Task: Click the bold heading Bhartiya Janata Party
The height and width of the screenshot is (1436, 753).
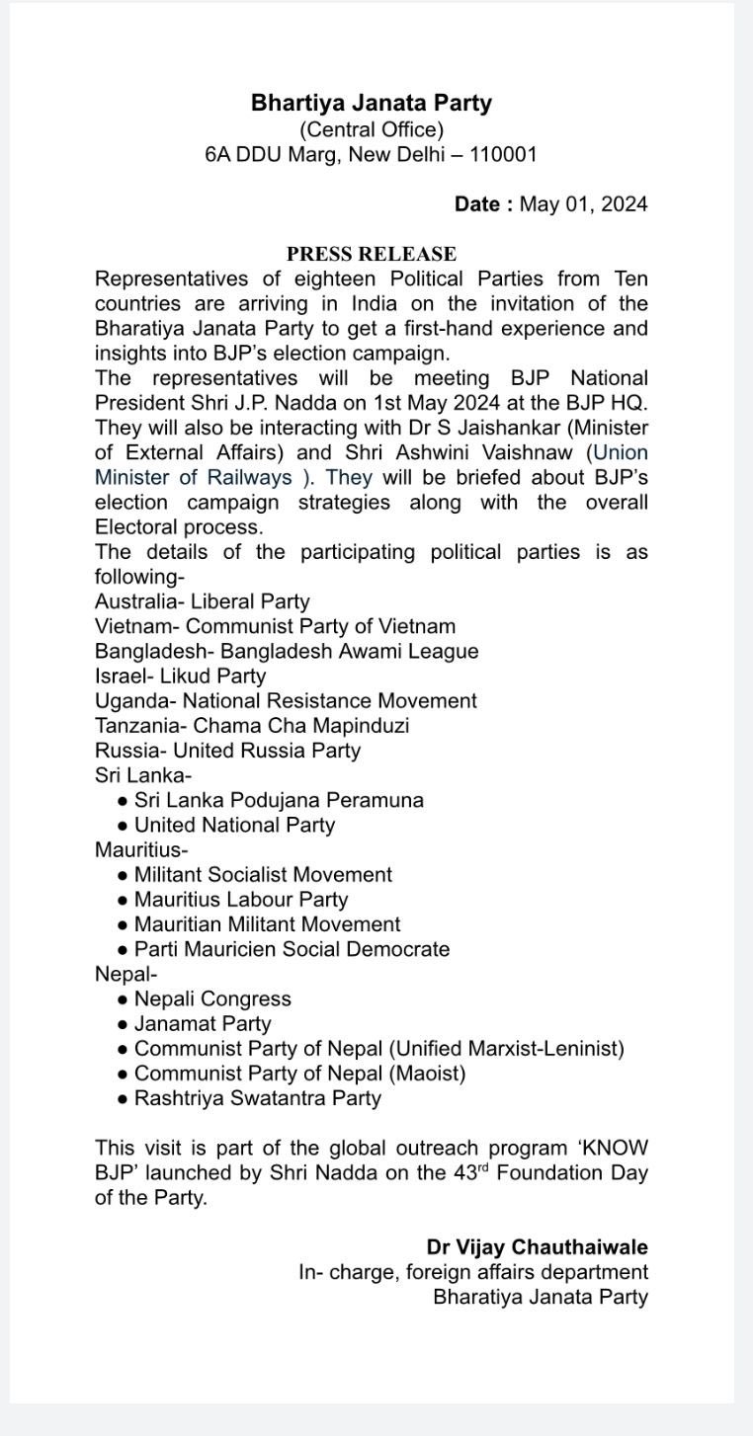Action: click(x=372, y=103)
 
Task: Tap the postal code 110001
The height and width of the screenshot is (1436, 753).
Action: click(x=503, y=155)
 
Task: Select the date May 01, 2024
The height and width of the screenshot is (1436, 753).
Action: click(x=583, y=204)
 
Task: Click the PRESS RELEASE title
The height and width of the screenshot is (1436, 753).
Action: click(x=372, y=254)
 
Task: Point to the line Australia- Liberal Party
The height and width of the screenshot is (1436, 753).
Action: click(x=202, y=601)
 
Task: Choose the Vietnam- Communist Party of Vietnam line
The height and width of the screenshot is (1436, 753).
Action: click(x=275, y=626)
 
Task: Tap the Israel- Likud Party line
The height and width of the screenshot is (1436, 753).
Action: click(x=180, y=677)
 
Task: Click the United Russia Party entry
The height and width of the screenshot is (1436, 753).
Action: click(x=267, y=751)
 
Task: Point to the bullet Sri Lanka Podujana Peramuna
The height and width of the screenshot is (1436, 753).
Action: click(x=279, y=800)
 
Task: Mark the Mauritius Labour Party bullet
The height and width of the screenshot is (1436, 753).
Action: click(x=241, y=900)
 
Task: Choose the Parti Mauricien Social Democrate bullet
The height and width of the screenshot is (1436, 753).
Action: click(x=292, y=949)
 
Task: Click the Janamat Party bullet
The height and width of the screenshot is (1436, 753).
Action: click(x=203, y=1024)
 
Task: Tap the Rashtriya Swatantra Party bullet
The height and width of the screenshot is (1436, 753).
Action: click(x=257, y=1098)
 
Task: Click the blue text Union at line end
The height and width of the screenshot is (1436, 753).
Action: click(x=620, y=452)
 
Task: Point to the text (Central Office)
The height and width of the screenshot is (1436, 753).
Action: click(x=372, y=129)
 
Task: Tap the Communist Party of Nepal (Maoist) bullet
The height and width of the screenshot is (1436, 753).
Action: click(x=299, y=1074)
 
